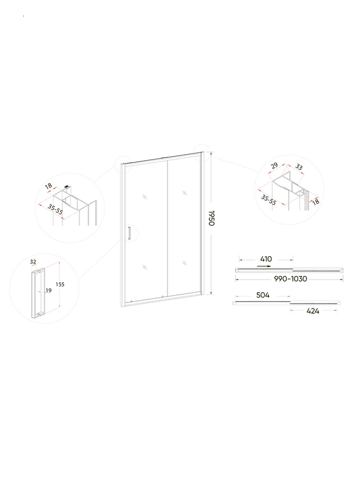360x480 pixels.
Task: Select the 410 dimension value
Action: click(265, 259)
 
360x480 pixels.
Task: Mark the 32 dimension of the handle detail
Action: click(34, 262)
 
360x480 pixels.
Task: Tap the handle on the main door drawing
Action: click(128, 235)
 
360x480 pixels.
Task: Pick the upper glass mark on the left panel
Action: click(145, 197)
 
